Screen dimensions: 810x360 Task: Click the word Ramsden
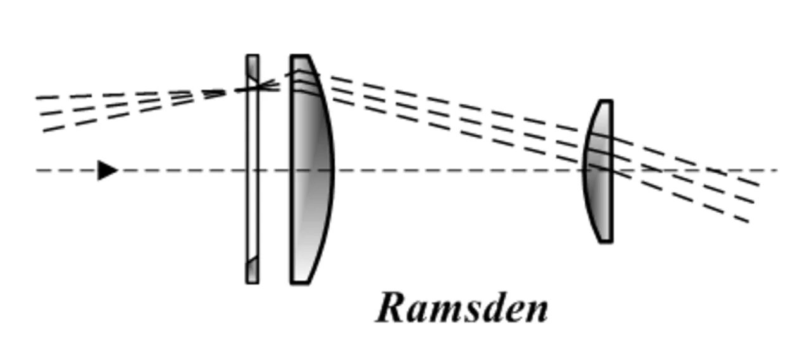462,308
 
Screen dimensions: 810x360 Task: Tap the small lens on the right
599,171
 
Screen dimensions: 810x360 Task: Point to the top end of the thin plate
252,56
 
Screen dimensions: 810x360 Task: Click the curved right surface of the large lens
331,170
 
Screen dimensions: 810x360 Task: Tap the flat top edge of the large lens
300,56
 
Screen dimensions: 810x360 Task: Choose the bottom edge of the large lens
300,282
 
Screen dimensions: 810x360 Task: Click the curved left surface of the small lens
585,171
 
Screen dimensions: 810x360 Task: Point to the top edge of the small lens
606,101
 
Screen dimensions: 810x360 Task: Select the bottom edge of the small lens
606,241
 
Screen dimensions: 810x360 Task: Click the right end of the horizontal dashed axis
775,170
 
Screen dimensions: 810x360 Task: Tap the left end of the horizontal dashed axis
38,170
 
